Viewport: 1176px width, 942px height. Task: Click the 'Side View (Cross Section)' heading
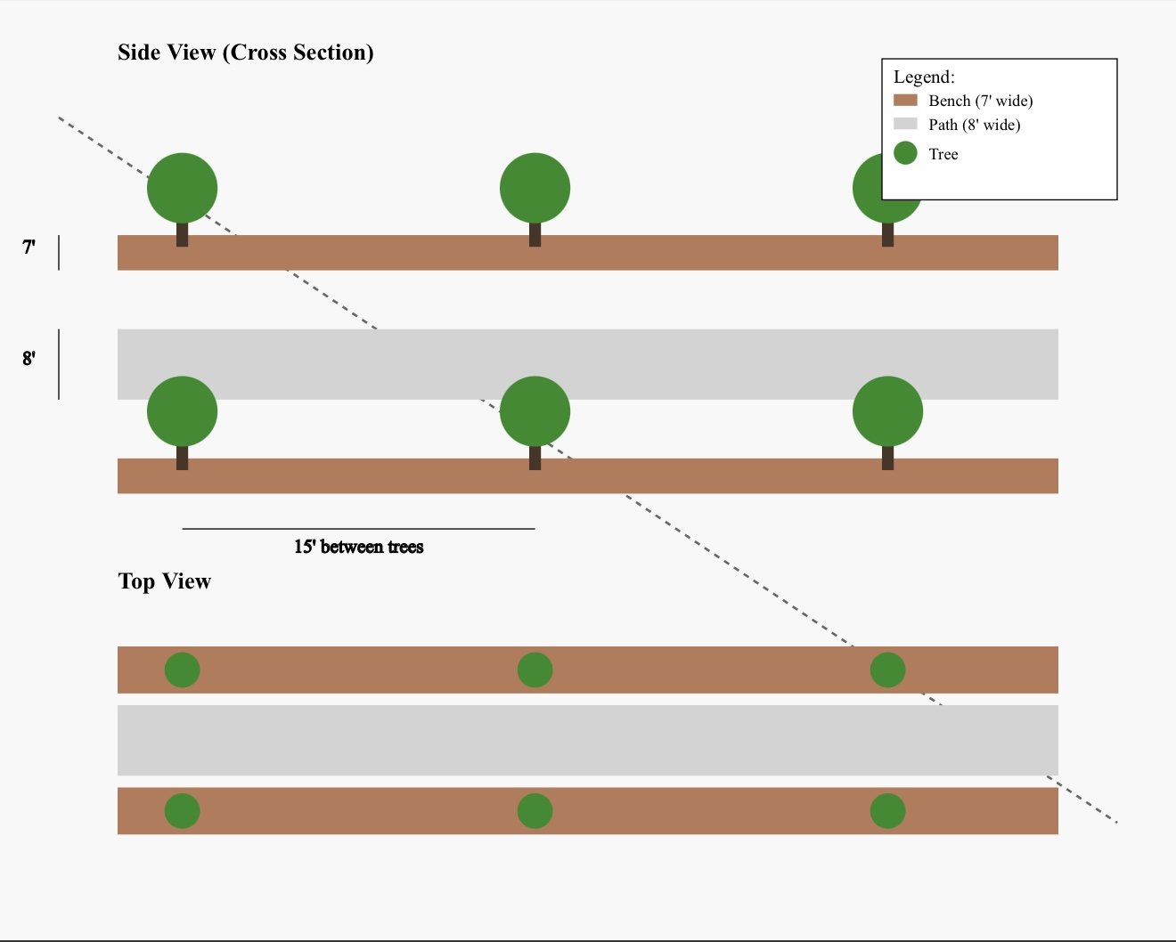[x=245, y=53]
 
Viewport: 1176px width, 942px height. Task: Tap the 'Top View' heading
[x=165, y=581]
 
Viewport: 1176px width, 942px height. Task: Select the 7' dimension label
[x=29, y=248]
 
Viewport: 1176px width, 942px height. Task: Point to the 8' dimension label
[x=29, y=359]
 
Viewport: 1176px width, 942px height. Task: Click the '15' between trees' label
[x=358, y=547]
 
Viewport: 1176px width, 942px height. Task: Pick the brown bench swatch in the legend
[x=905, y=101]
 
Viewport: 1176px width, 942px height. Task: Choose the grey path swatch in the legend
[x=905, y=124]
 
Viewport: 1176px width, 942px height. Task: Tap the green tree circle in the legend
[x=905, y=153]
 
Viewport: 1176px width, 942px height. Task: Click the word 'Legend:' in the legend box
[x=924, y=77]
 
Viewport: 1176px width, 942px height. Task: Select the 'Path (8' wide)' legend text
[x=975, y=125]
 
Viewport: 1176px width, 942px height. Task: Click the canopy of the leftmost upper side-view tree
[x=182, y=189]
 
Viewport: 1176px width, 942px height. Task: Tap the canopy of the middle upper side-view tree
[x=535, y=189]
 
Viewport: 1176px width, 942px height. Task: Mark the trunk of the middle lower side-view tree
[x=535, y=458]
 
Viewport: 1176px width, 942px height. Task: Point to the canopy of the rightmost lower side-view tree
[x=887, y=411]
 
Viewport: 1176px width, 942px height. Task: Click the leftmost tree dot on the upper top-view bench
[x=182, y=670]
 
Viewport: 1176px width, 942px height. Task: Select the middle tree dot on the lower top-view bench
[x=535, y=811]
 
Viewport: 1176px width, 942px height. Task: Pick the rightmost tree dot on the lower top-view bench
[x=887, y=811]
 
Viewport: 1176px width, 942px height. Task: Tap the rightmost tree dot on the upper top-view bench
[x=887, y=670]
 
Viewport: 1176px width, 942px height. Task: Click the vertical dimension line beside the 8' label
[x=59, y=364]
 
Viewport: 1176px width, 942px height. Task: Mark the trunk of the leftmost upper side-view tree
[x=182, y=235]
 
